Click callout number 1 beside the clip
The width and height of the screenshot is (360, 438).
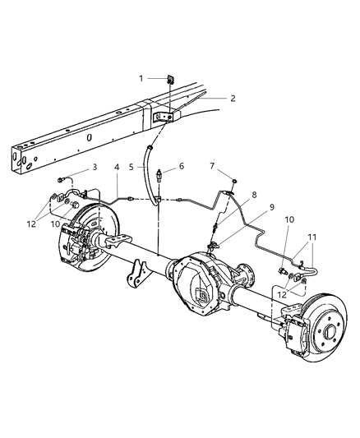coord(141,78)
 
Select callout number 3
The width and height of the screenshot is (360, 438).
coord(95,167)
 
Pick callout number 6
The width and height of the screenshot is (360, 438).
coord(181,166)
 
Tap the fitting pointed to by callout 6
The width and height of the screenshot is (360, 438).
coord(164,175)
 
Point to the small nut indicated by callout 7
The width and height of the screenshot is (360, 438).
coord(234,180)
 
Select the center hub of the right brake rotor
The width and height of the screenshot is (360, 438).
coord(333,334)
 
